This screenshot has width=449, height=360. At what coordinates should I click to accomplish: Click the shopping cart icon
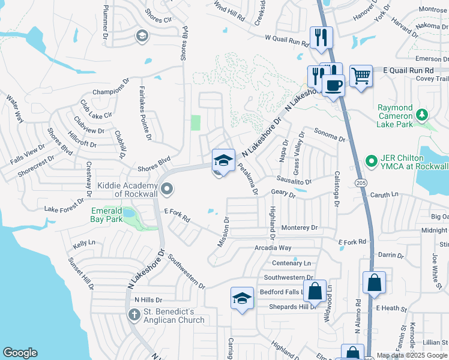click(361, 76)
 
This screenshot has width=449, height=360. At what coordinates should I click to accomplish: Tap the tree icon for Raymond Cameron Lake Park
click(423, 114)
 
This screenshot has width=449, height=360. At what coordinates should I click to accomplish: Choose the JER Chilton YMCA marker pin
click(371, 161)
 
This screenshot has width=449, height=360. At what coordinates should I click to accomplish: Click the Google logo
click(20, 353)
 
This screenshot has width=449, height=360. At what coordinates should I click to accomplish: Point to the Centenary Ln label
click(291, 263)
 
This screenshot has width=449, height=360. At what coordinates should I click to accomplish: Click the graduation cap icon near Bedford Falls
click(241, 298)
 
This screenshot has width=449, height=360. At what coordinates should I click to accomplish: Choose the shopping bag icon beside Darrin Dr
click(373, 283)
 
